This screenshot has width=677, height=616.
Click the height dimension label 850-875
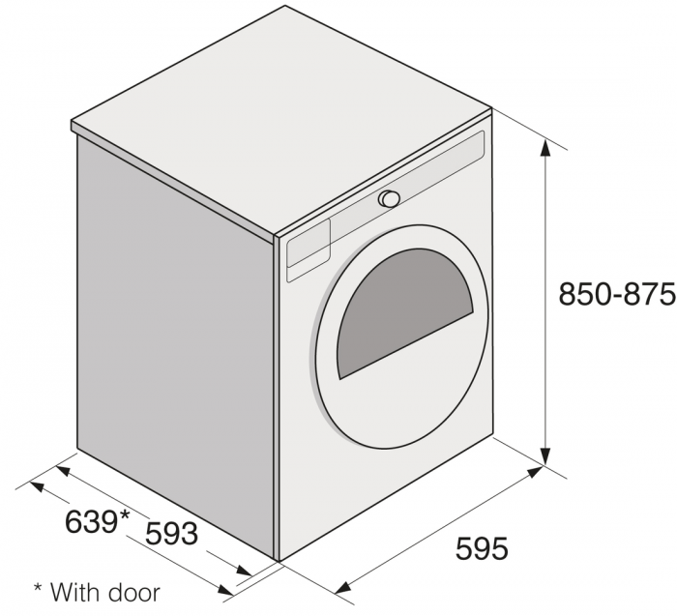point(616,294)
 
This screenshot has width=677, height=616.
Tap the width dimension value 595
point(481,549)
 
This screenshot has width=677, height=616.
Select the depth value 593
point(172,532)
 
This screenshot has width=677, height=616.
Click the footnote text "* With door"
point(97,590)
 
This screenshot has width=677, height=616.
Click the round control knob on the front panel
point(390,198)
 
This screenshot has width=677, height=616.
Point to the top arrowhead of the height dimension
point(546,146)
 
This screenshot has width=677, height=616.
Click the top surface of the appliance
point(280,116)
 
